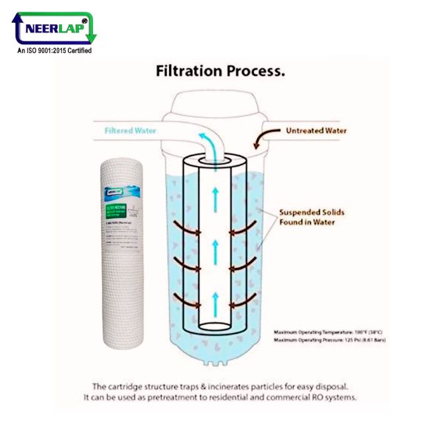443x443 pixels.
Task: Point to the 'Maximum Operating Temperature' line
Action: click(x=329, y=333)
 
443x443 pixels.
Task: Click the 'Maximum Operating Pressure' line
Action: click(x=329, y=340)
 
